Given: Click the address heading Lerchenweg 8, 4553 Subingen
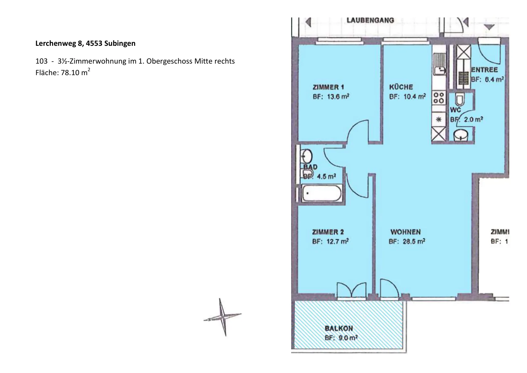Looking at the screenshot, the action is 85,43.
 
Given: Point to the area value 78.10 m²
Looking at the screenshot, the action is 75,72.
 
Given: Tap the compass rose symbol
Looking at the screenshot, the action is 223,317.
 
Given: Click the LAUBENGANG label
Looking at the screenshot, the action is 370,20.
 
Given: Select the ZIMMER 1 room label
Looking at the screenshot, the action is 328,87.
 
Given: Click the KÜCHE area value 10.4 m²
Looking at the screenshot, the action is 415,97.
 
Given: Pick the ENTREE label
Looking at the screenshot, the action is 485,70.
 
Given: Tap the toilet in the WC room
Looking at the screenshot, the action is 459,99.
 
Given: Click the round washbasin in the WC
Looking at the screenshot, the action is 460,135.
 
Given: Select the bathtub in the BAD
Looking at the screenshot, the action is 321,193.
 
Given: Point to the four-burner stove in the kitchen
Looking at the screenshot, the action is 438,98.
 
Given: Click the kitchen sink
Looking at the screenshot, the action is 439,64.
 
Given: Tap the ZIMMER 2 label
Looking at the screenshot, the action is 328,232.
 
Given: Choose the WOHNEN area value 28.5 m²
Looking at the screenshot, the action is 414,242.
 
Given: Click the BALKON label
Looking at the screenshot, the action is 339,328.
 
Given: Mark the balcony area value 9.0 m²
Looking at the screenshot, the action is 348,338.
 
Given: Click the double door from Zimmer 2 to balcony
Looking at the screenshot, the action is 351,290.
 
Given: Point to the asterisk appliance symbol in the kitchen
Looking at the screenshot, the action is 438,120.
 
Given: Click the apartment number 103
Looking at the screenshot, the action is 42,61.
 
